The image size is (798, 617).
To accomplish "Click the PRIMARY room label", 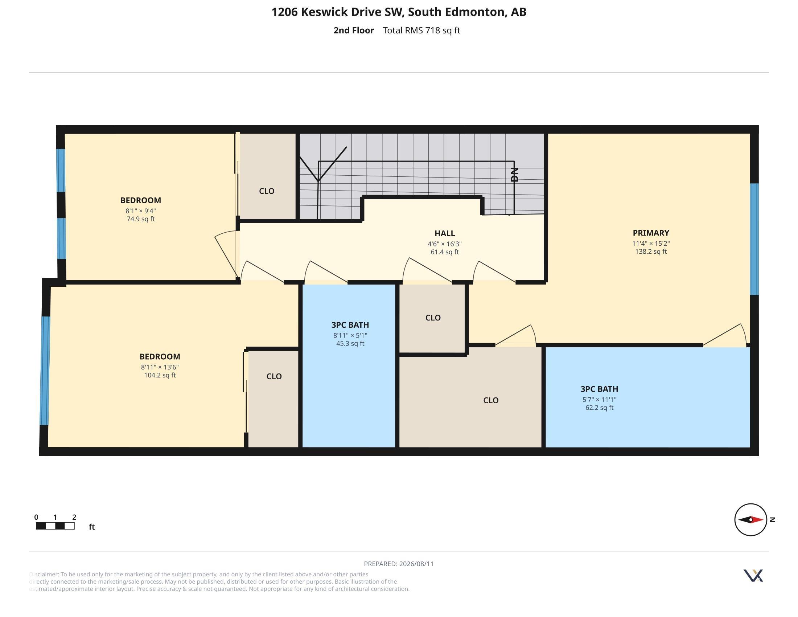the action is tap(651, 233).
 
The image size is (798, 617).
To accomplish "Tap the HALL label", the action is tap(445, 233).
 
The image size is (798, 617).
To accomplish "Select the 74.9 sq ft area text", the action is tap(141, 219).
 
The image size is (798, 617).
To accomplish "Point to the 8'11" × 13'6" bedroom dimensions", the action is tap(160, 367).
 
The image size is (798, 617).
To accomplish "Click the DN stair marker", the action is tap(514, 174).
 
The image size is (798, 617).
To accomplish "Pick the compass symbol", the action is tap(751, 519).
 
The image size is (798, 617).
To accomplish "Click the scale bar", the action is tap(55, 526).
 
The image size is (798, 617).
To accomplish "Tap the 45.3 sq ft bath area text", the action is tap(350, 344).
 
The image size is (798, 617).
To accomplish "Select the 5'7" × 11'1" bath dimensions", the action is tap(599, 400).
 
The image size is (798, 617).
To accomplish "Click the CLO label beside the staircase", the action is tap(267, 191).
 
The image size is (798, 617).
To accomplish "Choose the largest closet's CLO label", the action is tap(491, 400).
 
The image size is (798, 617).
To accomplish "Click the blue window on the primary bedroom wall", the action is tap(754, 239).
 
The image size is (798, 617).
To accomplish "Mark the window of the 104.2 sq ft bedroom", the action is tap(45, 371).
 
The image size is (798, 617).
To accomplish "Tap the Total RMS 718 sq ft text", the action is tap(421, 30).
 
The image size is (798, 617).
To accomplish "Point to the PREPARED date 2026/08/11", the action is tap(416, 564).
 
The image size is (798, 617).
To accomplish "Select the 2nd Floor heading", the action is tap(354, 30).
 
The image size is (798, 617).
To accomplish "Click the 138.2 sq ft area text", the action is tap(651, 252).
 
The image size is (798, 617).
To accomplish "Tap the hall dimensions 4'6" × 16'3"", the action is tap(445, 244).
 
